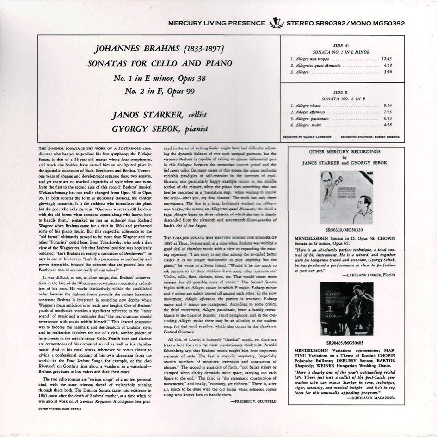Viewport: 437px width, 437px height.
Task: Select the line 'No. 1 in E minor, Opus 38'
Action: [x=160, y=78]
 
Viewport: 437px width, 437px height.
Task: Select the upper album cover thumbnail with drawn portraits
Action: [x=346, y=198]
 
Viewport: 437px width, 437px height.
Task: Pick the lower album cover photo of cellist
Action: [x=346, y=308]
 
